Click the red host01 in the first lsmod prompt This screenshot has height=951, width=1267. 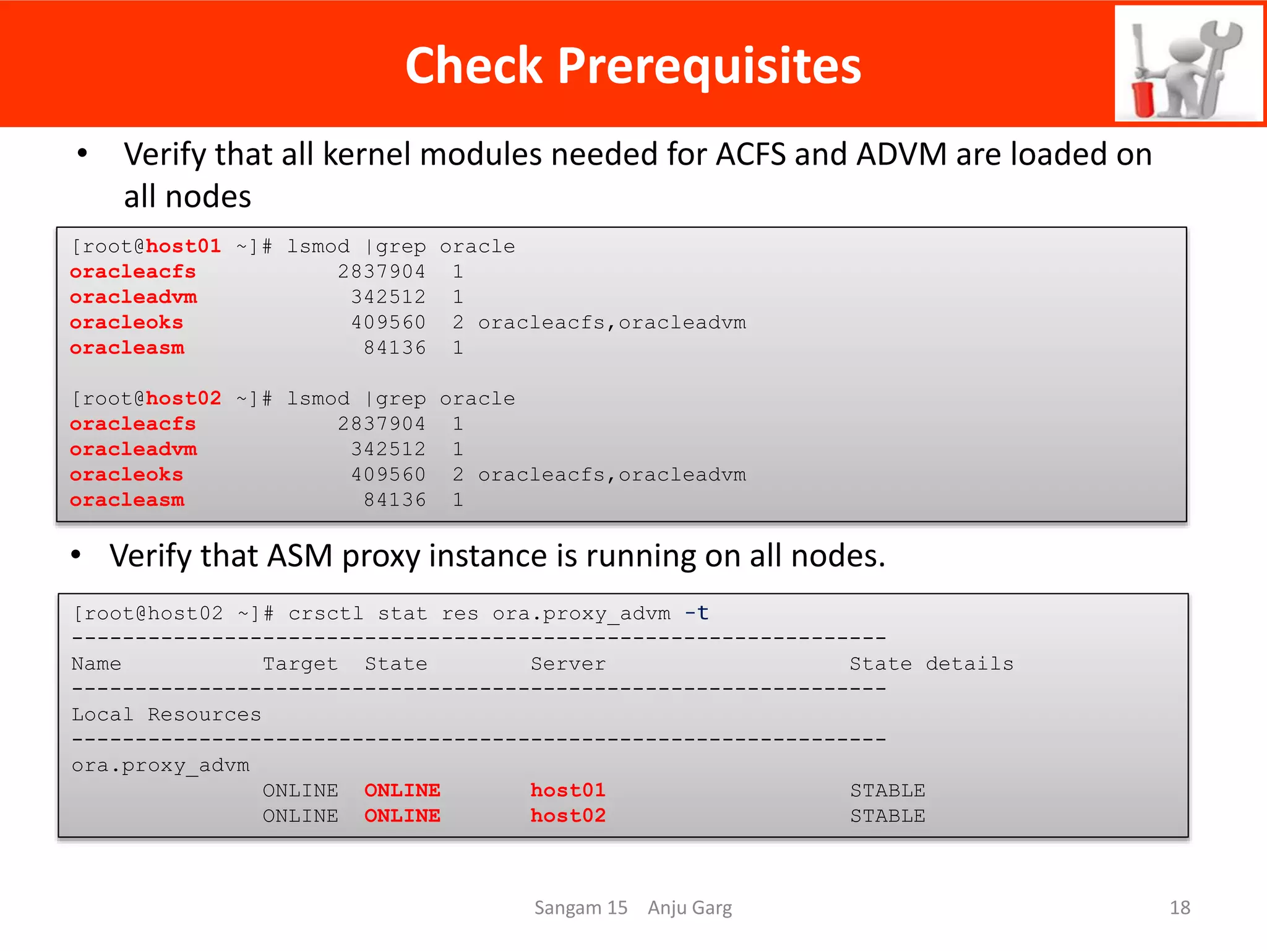[183, 246]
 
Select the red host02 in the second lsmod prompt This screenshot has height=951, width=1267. [183, 398]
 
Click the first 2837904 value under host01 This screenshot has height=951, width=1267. [381, 272]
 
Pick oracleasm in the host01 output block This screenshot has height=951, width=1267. [127, 348]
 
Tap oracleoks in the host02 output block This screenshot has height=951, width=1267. [126, 475]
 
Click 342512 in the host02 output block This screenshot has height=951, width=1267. [388, 449]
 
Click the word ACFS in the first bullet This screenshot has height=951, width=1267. [750, 155]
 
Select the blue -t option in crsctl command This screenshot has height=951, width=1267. [697, 613]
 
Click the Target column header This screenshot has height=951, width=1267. [300, 664]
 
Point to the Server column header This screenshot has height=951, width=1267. [568, 664]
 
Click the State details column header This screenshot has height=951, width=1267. [931, 664]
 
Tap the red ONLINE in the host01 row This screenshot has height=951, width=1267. [402, 791]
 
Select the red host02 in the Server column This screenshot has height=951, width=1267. [567, 816]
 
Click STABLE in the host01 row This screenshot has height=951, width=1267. [887, 791]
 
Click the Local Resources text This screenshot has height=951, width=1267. [166, 714]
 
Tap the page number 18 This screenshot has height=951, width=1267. [1179, 908]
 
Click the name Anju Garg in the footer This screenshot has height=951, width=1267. [689, 908]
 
